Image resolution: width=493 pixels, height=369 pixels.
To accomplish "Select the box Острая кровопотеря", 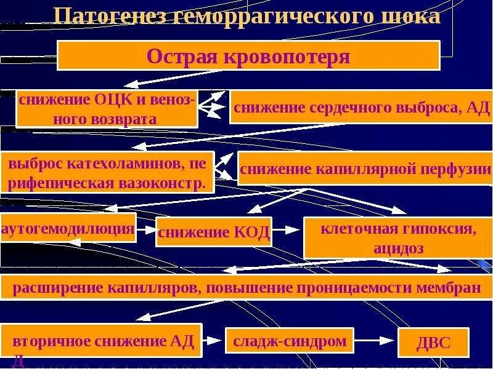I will tap(248, 56).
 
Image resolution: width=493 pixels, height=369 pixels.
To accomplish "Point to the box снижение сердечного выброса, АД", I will tap(352, 108).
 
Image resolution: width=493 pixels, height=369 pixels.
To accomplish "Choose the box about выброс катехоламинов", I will tap(107, 173).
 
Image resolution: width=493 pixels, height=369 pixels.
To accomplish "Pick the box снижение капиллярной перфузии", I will tap(365, 169).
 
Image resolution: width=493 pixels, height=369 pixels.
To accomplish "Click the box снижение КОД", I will tap(214, 232).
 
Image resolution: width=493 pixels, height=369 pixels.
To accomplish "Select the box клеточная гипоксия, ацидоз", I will tap(398, 238).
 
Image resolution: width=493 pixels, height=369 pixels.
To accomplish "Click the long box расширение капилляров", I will tap(246, 287).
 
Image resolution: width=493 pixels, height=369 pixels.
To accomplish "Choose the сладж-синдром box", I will tap(290, 340).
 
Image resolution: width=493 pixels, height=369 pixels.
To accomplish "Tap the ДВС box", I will tap(433, 343).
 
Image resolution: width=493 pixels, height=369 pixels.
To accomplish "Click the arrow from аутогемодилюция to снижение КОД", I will tap(145, 229).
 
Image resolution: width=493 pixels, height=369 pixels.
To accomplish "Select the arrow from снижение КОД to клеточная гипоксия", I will tap(287, 231).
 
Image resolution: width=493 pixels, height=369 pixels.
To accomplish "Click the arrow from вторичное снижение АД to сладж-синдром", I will tap(213, 339).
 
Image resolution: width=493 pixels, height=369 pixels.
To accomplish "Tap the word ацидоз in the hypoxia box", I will tap(398, 248).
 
